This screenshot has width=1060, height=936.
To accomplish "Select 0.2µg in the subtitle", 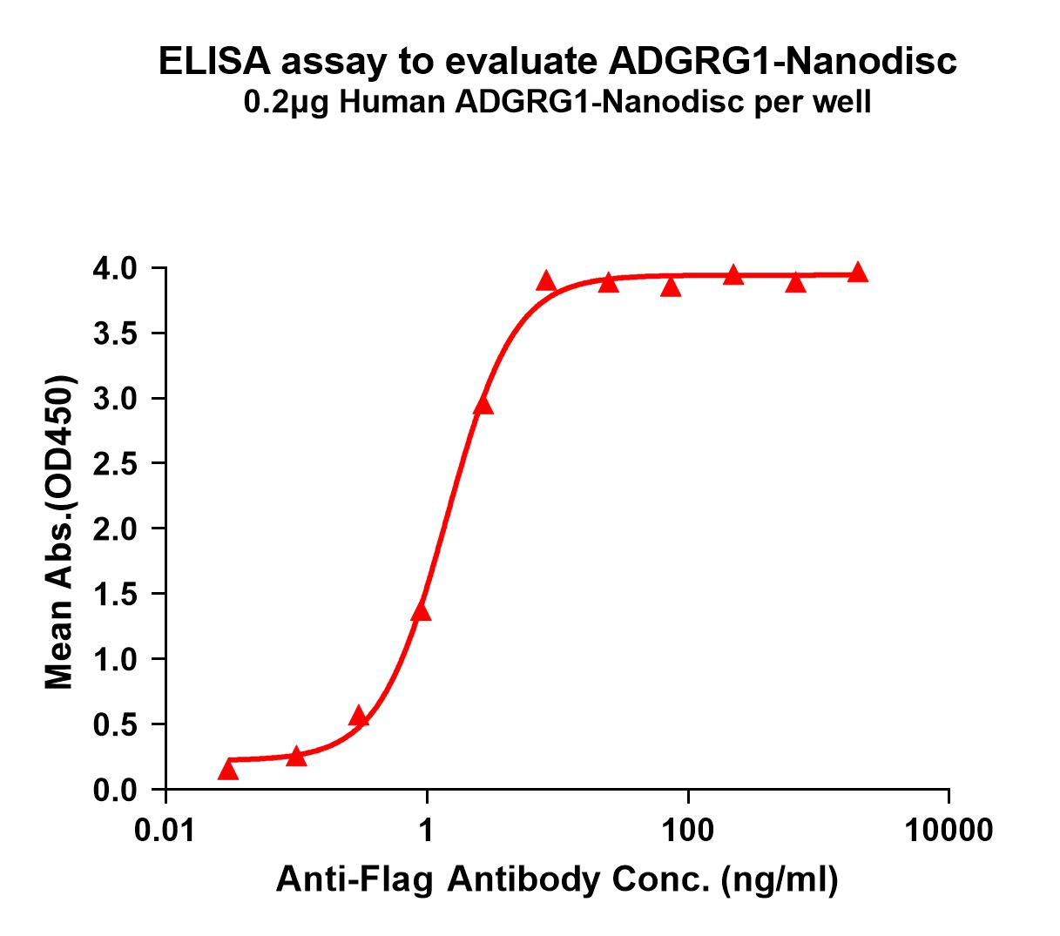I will tap(287, 104).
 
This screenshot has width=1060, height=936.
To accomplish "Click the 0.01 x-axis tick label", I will tap(165, 830).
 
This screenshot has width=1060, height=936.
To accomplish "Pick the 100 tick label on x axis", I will tap(688, 830).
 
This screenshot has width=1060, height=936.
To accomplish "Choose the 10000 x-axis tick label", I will tap(949, 830).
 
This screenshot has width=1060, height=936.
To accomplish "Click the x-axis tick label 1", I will tap(427, 830).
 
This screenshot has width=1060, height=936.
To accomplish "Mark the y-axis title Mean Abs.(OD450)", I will tap(60, 532).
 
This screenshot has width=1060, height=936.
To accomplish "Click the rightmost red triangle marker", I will tap(858, 273).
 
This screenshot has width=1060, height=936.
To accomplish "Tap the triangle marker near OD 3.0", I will tap(483, 405).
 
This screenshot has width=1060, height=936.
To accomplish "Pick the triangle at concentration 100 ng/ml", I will tap(671, 286).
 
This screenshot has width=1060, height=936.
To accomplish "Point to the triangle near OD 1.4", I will tap(422, 611).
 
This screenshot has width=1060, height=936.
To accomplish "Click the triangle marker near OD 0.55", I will tap(359, 717).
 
